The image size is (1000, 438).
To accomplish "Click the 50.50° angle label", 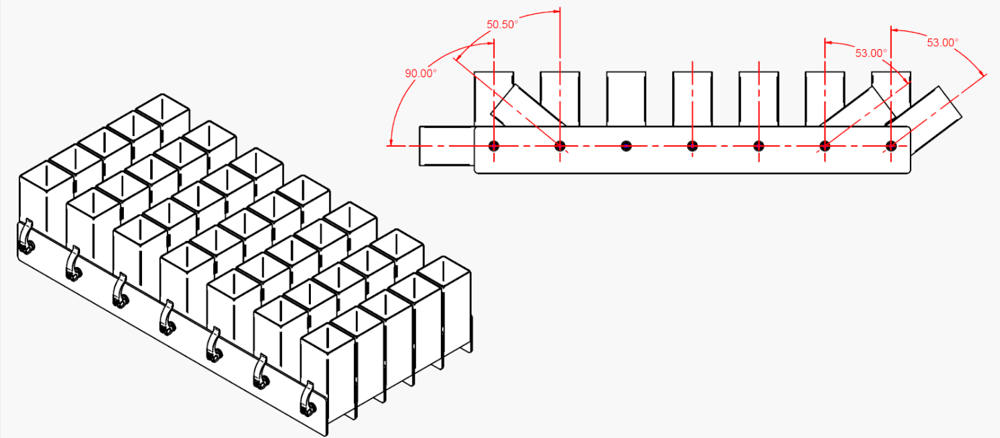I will coord(502,24).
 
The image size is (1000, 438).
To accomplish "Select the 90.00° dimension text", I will coord(421,73).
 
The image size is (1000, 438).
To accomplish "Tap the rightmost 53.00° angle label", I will coord(942,42).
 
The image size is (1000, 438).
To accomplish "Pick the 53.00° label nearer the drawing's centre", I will coord(871,52).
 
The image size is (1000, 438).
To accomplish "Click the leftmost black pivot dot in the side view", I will coord(494,145).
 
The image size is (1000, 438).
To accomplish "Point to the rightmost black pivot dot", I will coord(891,145).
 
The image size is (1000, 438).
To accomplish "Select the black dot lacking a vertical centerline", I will coord(627,145).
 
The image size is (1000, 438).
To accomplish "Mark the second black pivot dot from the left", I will coord(560,145).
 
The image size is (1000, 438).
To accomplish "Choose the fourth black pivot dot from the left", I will coord(692,145).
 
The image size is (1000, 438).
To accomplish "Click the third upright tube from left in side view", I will coord(627,98).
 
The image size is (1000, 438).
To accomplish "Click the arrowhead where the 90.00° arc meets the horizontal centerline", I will coord(391,143).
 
